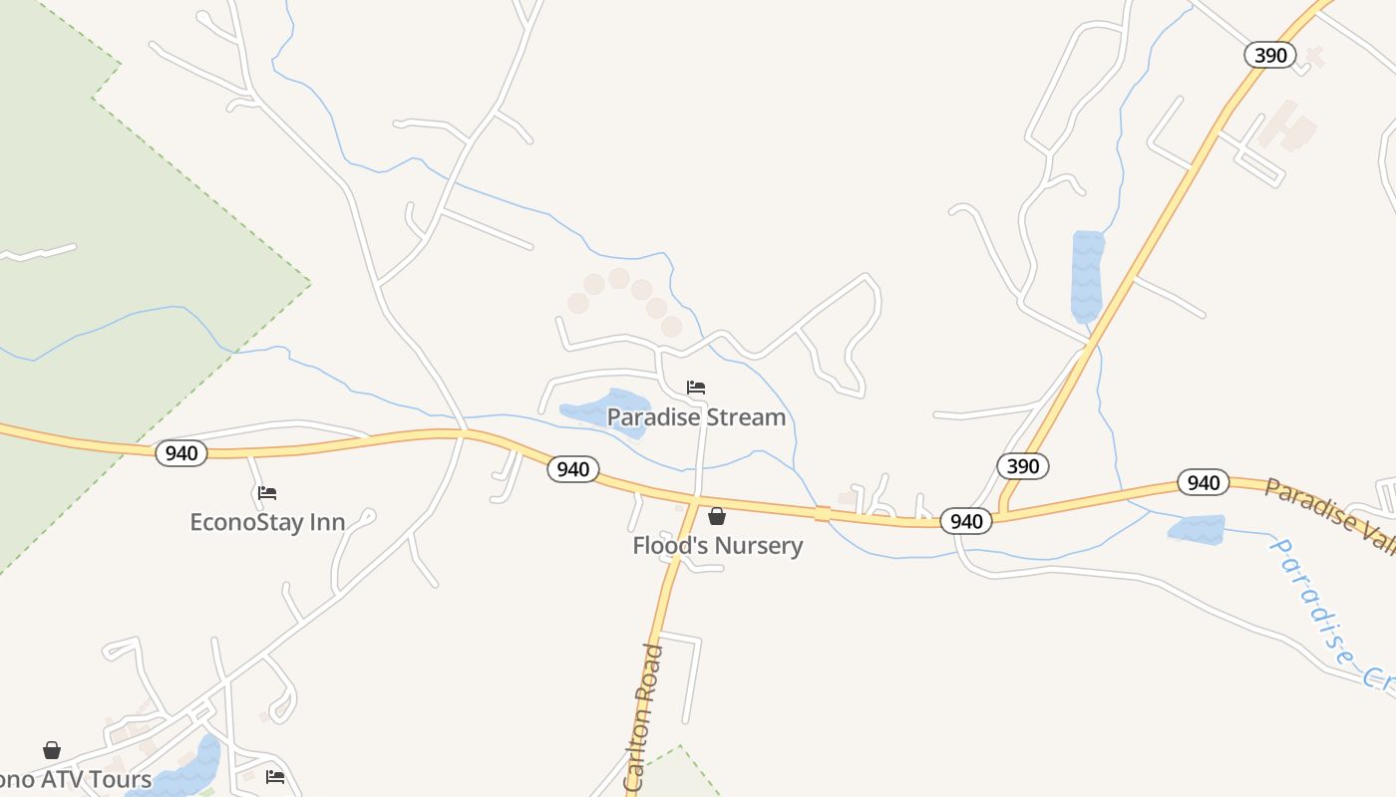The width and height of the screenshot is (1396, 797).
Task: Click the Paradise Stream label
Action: tap(696, 417)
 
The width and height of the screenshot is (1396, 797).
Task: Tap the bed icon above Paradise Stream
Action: tap(696, 387)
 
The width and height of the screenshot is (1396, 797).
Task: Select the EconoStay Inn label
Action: tap(267, 522)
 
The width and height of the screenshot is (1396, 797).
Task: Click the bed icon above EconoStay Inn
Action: tap(266, 492)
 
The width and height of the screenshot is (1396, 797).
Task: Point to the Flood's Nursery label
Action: tap(717, 546)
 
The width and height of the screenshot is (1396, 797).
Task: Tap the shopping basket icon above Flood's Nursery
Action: tap(716, 516)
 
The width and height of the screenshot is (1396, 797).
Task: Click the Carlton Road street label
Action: tap(644, 717)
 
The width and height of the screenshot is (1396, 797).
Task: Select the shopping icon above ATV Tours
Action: tap(51, 749)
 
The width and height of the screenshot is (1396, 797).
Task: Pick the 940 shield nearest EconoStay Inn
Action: tap(180, 453)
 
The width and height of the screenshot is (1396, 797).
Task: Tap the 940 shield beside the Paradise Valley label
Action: tap(1203, 483)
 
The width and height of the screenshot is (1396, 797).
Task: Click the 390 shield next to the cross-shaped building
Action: tap(1269, 55)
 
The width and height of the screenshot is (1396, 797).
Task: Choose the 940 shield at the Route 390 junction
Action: tap(965, 521)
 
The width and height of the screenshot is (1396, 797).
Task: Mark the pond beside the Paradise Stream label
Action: tap(605, 408)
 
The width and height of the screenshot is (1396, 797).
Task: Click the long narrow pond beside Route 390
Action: tap(1087, 275)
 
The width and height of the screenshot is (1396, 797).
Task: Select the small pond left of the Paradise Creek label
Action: tap(1196, 530)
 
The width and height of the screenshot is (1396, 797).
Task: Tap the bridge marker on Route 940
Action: tap(822, 513)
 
